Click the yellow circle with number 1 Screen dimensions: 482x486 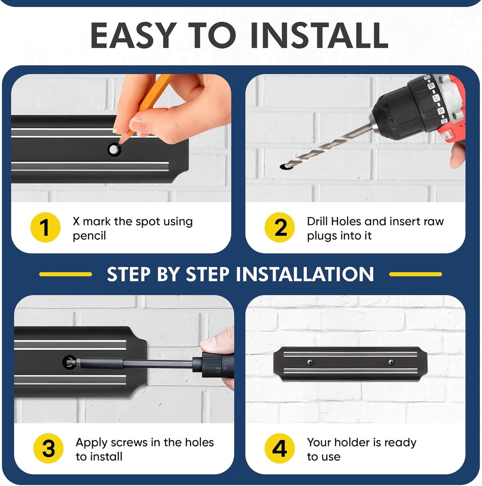[45, 227]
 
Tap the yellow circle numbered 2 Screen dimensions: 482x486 [280, 227]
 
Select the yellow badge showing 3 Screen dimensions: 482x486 [48, 448]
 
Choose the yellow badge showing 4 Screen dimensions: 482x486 [280, 448]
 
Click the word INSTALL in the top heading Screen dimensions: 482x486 [319, 35]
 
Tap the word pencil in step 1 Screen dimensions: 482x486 [89, 236]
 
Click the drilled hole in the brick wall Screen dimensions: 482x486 [284, 167]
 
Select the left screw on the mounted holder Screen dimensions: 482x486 [310, 363]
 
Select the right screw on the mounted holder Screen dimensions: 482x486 [391, 363]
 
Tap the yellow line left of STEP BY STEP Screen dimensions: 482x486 [66, 274]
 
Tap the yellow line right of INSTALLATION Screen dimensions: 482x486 [416, 274]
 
